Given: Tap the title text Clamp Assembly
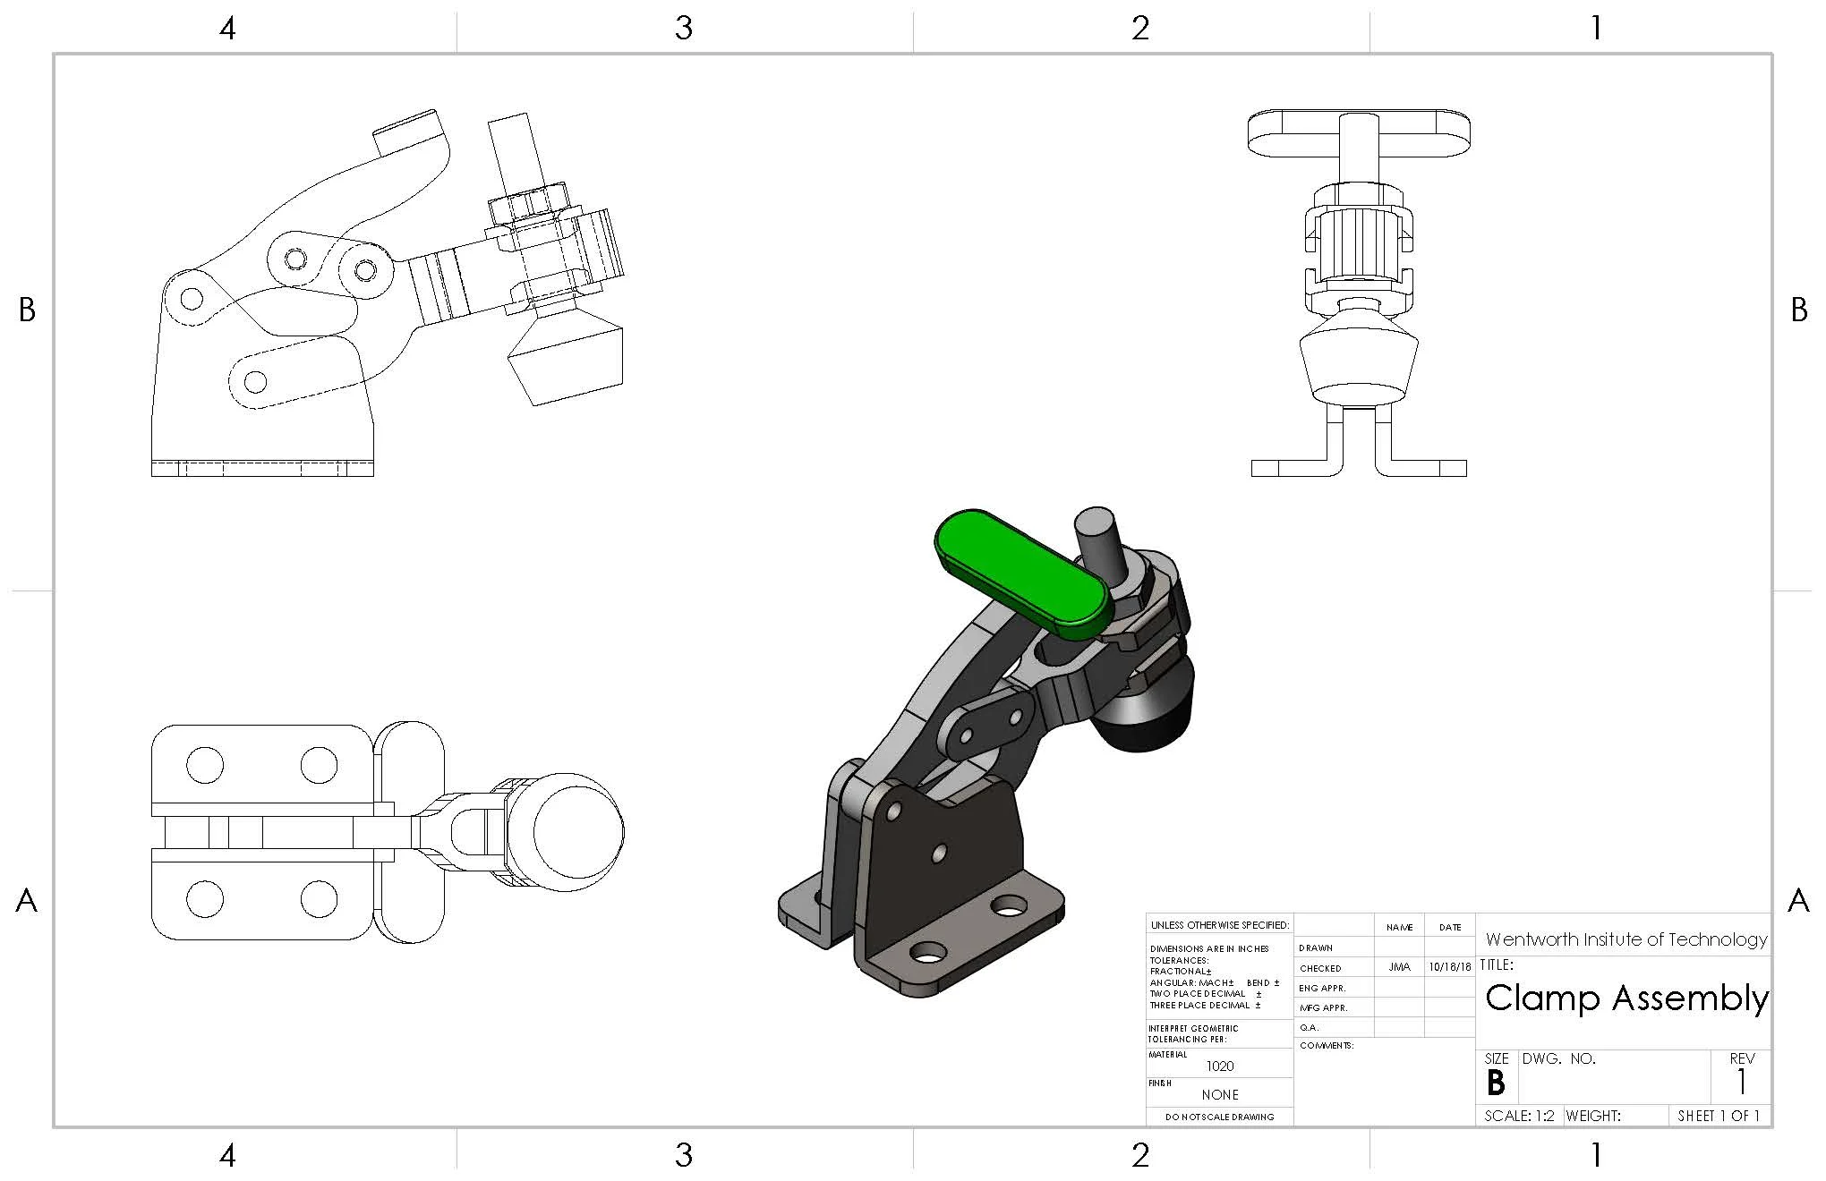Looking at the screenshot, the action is [1626, 998].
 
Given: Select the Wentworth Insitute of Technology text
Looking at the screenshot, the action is [1625, 939].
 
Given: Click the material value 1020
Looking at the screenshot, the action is [1219, 1066].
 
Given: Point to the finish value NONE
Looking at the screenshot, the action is [1220, 1094].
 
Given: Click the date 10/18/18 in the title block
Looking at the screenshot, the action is [1450, 967].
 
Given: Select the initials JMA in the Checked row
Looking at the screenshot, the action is [1399, 967].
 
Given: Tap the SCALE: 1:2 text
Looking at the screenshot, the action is [1520, 1116].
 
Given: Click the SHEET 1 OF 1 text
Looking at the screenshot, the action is [1719, 1116].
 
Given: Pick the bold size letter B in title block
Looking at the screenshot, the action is [1496, 1083].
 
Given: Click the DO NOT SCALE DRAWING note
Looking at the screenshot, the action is [1219, 1117].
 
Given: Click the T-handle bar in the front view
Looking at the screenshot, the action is [1359, 132].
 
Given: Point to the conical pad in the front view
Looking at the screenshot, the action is [1359, 358].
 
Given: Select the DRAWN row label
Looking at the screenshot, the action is [1316, 947].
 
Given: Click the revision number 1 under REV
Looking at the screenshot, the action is [1742, 1083].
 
